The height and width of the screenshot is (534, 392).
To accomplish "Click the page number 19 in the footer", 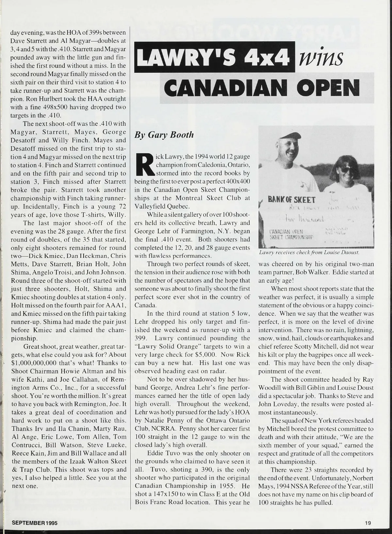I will pyautogui.click(x=368, y=523).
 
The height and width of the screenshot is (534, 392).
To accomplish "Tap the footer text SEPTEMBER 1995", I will pyautogui.click(x=35, y=523).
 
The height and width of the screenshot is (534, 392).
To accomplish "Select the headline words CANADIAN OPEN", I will pyautogui.click(x=260, y=86).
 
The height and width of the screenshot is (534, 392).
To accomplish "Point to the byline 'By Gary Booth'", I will pyautogui.click(x=164, y=135).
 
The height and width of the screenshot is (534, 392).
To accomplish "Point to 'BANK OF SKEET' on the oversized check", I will pyautogui.click(x=292, y=200).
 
